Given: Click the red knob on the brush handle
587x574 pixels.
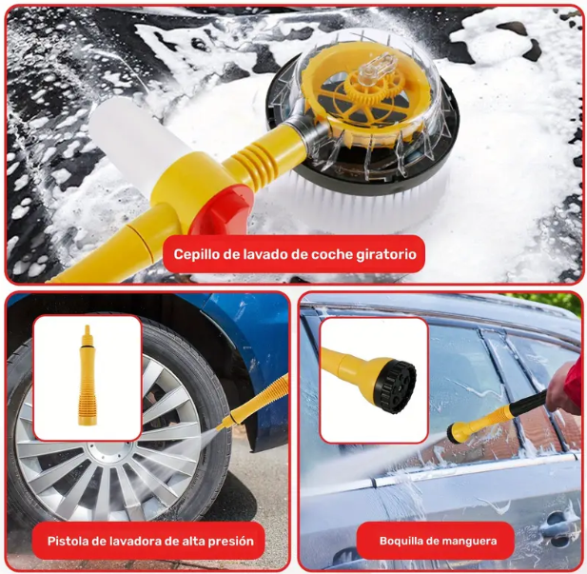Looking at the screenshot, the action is pos(220,210).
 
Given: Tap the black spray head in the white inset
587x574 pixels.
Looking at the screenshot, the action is pos(395,386).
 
